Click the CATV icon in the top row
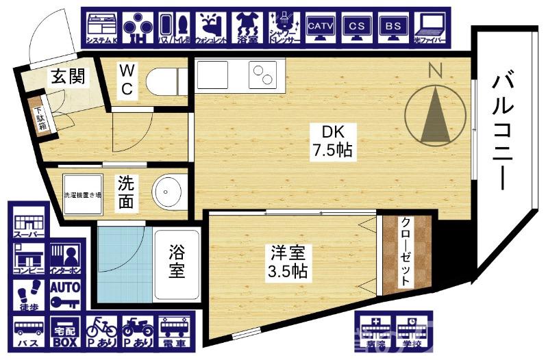pos(321,29)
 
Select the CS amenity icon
pos(357,29)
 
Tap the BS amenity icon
pos(393,29)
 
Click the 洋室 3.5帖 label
pos(287,261)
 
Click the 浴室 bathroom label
pos(177,262)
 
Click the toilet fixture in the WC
pos(165,81)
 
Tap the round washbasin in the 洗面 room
pos(169,194)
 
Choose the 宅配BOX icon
pos(65,330)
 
